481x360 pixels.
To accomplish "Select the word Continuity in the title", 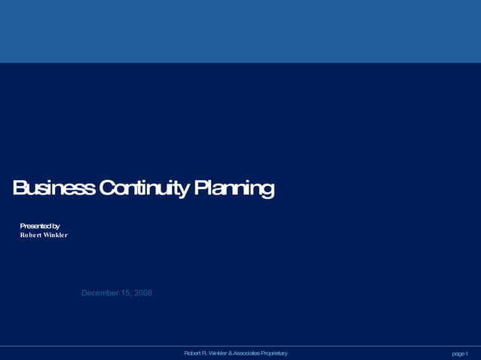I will (143, 188).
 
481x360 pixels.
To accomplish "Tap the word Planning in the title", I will (234, 188).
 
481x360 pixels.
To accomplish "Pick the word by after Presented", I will (55, 226).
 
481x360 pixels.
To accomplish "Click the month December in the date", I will (99, 292).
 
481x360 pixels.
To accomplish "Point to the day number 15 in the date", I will (125, 292).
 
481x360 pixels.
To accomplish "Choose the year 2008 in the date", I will (142, 292).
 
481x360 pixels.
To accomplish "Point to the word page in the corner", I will (458, 354).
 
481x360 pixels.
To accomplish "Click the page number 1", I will (467, 354).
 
